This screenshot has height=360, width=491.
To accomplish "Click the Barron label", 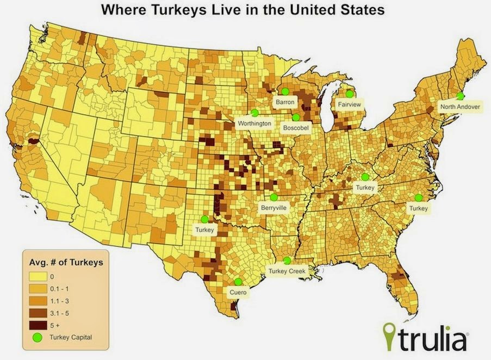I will point(284,102).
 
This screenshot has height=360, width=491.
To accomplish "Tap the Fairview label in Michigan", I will point(350,103).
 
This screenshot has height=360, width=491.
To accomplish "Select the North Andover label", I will point(460,107).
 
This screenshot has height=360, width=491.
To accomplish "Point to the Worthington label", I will point(254,123).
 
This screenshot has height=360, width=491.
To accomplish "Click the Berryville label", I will point(274,207).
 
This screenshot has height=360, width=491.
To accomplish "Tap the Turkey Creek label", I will point(287,270).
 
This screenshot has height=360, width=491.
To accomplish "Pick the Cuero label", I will point(238,292).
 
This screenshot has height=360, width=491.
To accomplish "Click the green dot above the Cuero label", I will point(238,282).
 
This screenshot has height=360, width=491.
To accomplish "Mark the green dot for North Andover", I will point(460,96).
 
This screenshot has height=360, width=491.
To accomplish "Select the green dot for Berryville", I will point(274,197).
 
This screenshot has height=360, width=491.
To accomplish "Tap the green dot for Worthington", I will point(254,113).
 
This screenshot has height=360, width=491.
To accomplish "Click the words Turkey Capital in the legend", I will point(71,337).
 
